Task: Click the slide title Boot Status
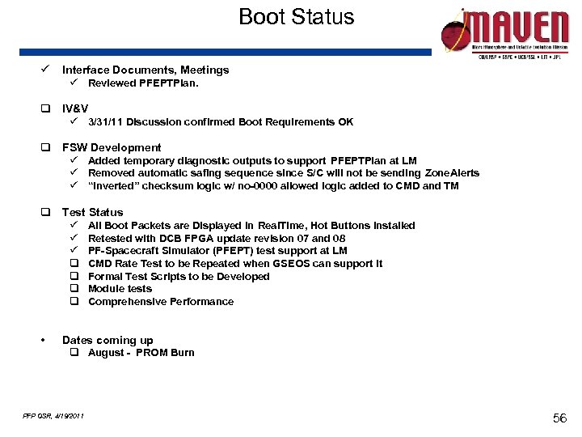tap(296, 18)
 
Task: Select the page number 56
tap(559, 417)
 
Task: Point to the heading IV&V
tap(75, 108)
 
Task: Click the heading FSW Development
tap(112, 147)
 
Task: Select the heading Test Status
tap(92, 212)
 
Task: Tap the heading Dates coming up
tap(108, 340)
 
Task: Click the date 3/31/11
tap(106, 122)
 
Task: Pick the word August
tap(106, 353)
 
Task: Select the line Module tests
tap(120, 289)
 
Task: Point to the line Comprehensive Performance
tap(160, 302)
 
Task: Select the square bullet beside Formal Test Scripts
tap(73, 276)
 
